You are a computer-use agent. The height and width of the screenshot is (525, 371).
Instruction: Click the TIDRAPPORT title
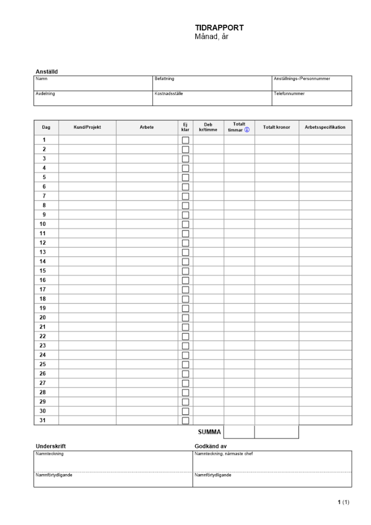click(x=219, y=28)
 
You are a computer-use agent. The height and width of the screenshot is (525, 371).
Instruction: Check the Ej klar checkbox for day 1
click(x=185, y=140)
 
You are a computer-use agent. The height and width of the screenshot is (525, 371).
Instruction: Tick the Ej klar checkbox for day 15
click(x=185, y=271)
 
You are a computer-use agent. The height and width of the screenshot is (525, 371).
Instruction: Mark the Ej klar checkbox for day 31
click(x=185, y=421)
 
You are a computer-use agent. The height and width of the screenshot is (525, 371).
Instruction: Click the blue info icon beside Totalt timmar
click(x=247, y=130)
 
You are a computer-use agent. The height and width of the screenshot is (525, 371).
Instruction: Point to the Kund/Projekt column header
click(x=87, y=128)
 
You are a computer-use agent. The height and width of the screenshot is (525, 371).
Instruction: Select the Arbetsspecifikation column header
click(x=325, y=128)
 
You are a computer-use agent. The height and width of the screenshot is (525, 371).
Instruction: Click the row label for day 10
click(x=43, y=224)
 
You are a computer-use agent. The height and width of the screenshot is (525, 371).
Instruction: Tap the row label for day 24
click(x=43, y=355)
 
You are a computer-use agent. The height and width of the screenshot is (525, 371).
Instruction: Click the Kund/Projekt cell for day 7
click(x=87, y=196)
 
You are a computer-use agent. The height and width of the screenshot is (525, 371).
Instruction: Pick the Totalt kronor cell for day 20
click(x=277, y=318)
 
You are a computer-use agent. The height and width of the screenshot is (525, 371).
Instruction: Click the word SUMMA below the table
click(x=209, y=432)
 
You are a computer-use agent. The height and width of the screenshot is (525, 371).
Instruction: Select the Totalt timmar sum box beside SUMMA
click(x=239, y=432)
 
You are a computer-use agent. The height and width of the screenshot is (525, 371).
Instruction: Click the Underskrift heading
click(x=50, y=446)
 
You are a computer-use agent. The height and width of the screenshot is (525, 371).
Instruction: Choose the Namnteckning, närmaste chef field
click(x=272, y=461)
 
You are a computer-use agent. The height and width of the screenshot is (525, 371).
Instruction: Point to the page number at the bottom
click(x=343, y=502)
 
